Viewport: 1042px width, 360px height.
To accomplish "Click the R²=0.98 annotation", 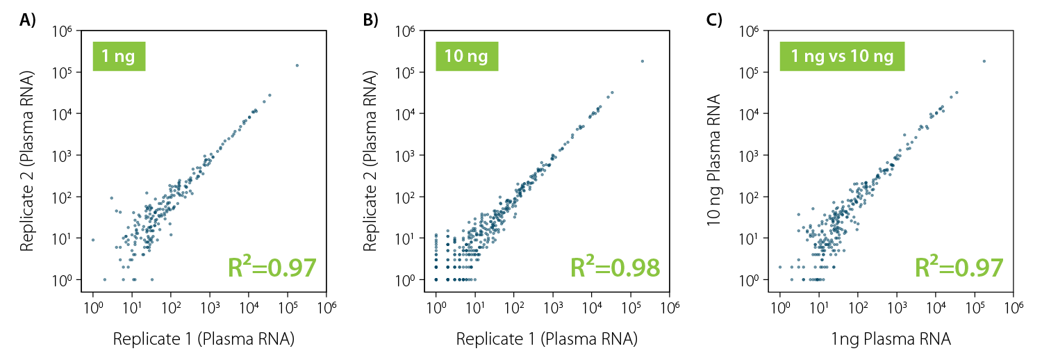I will [x=614, y=268].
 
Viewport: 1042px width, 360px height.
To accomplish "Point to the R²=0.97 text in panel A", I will [x=272, y=268].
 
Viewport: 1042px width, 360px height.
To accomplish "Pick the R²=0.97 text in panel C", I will [x=959, y=268].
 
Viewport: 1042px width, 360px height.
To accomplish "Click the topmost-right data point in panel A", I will [x=297, y=65].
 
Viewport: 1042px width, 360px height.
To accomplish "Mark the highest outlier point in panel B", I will [x=642, y=61].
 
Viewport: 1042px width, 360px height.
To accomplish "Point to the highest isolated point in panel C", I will [x=984, y=61].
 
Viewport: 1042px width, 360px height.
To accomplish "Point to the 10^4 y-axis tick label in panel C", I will [x=752, y=114].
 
